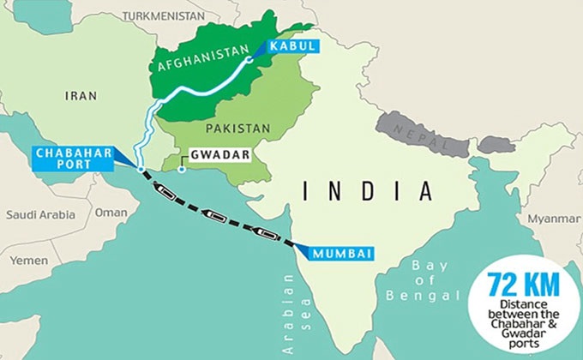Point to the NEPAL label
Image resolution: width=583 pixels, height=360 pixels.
point(420,132)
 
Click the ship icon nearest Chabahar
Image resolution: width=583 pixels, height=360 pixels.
point(167,195)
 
